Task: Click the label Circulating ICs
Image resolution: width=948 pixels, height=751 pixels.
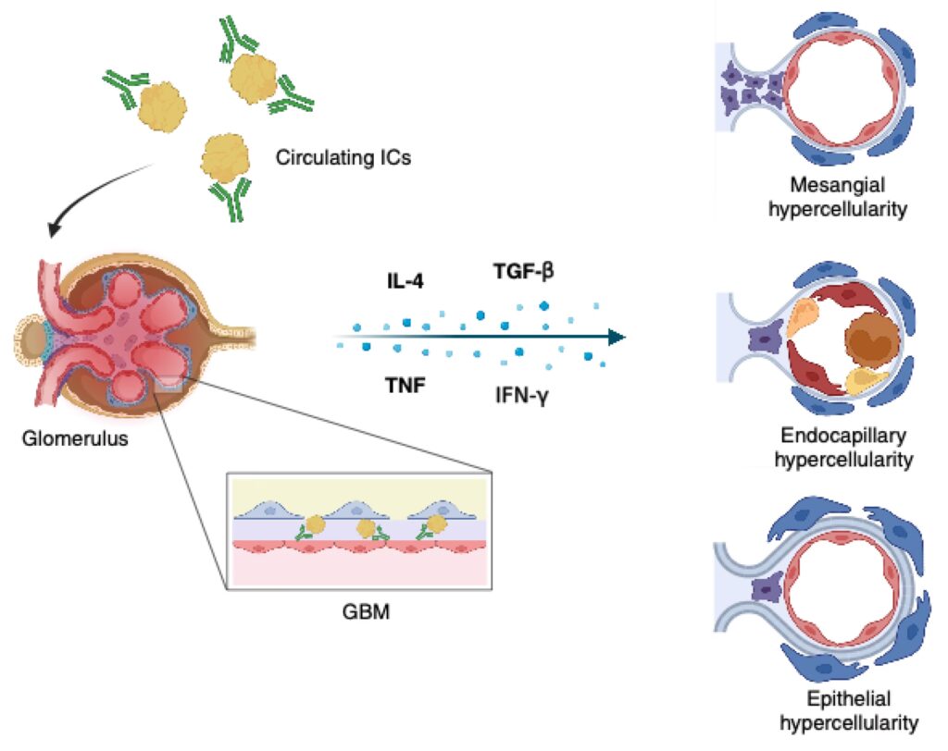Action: point(343,158)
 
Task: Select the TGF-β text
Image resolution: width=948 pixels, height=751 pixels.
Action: point(524,272)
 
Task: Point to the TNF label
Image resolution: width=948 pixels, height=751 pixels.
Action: point(405,386)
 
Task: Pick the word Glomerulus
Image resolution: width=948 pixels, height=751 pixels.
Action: point(75,437)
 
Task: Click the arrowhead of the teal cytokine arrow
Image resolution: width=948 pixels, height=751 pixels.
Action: point(617,337)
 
